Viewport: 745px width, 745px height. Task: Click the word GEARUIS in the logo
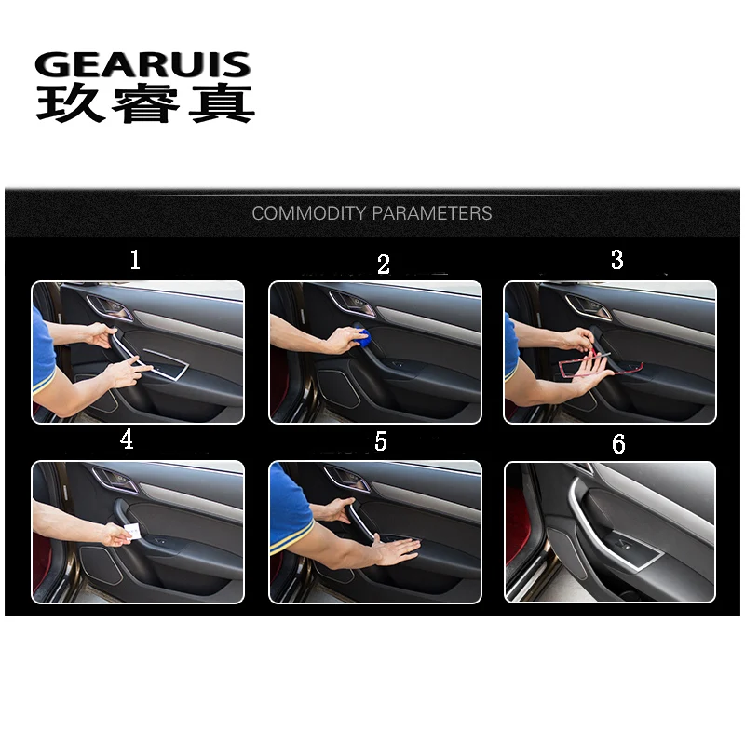(x=142, y=65)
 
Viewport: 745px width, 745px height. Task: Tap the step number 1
(x=135, y=260)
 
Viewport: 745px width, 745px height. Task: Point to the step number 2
(x=383, y=264)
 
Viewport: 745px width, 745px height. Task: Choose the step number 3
(x=616, y=260)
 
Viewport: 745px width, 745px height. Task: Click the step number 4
(x=127, y=440)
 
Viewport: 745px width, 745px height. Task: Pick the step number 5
(x=380, y=441)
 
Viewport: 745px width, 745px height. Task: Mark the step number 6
(x=618, y=444)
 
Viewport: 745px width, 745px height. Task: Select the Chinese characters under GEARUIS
(x=144, y=104)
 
